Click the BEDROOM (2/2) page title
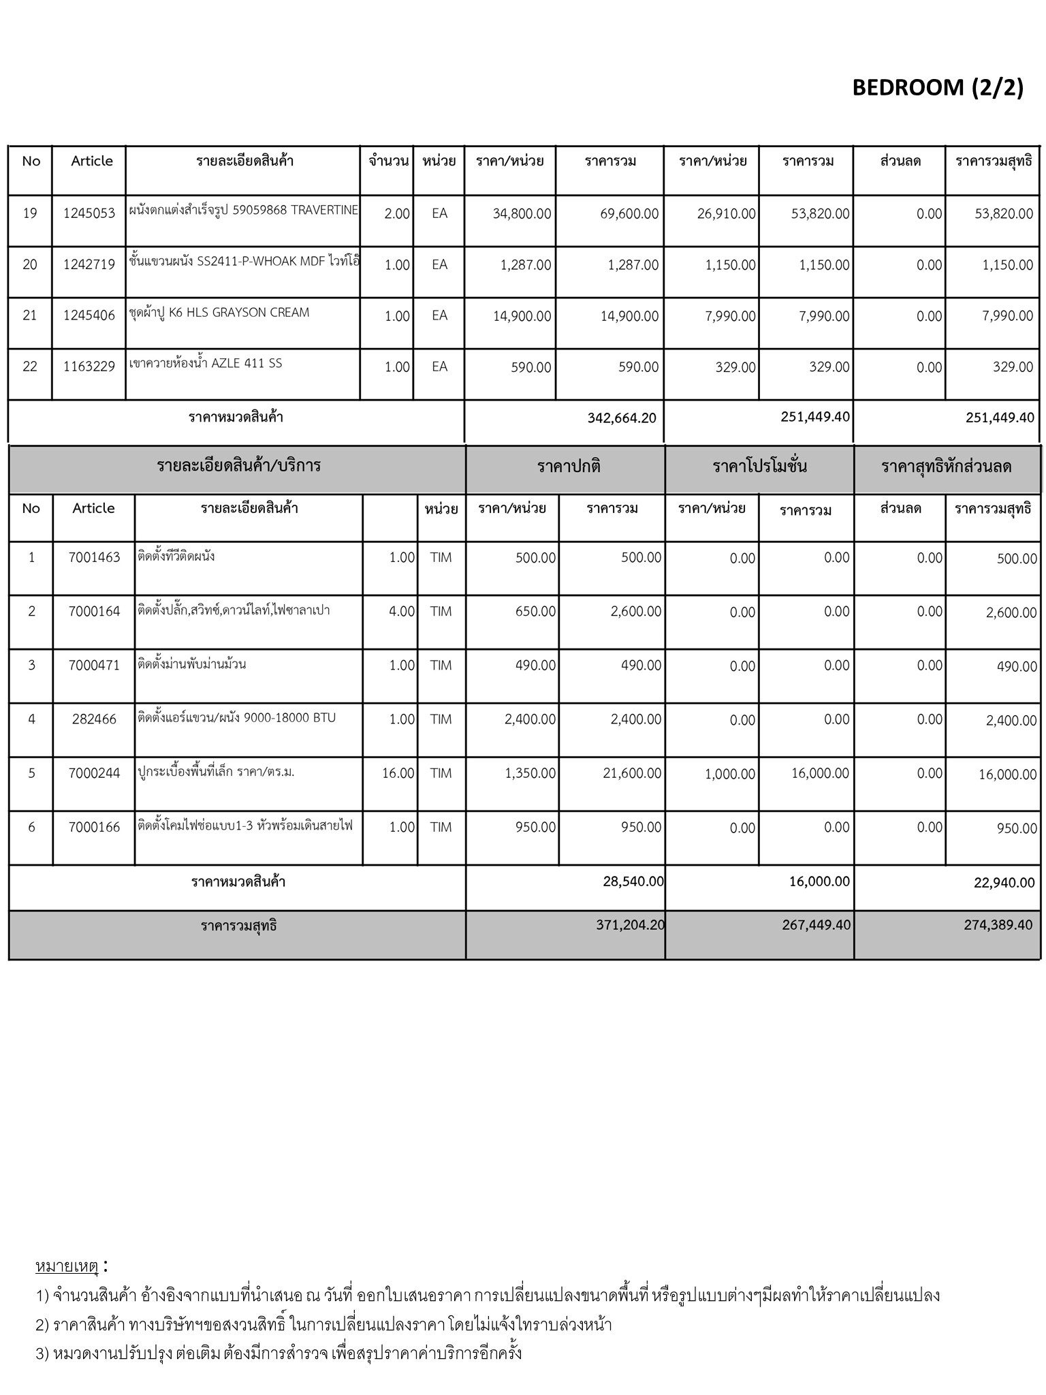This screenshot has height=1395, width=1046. pyautogui.click(x=938, y=88)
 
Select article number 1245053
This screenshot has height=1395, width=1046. pyautogui.click(x=89, y=213)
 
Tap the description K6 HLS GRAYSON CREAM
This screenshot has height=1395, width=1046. pyautogui.click(x=219, y=313)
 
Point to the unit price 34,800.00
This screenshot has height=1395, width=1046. pyautogui.click(x=522, y=214)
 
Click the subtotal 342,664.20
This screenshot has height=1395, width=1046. pyautogui.click(x=622, y=418)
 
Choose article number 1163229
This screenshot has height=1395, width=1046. pyautogui.click(x=89, y=367)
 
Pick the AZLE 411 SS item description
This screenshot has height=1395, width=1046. pyautogui.click(x=206, y=364)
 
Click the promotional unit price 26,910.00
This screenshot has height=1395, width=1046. pyautogui.click(x=726, y=214)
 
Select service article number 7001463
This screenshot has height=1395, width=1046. pyautogui.click(x=94, y=558)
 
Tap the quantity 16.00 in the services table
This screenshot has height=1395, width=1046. pyautogui.click(x=398, y=773)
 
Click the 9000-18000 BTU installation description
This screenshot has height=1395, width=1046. pyautogui.click(x=236, y=717)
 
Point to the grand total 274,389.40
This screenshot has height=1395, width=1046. pyautogui.click(x=998, y=925)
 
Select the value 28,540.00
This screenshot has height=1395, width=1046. pyautogui.click(x=633, y=881)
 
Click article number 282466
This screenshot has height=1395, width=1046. pyautogui.click(x=94, y=719)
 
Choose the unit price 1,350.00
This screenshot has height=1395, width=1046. pyautogui.click(x=530, y=773)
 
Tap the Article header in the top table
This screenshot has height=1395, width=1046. pyautogui.click(x=92, y=161)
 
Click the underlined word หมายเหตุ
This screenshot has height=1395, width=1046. pyautogui.click(x=67, y=1266)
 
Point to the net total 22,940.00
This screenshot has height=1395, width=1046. pyautogui.click(x=1004, y=883)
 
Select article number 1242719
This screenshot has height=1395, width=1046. pyautogui.click(x=89, y=265)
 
